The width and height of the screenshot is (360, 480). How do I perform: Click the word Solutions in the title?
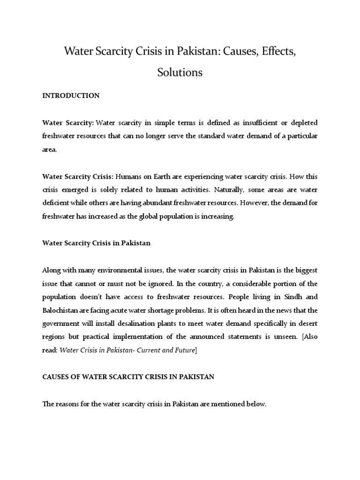coord(180,73)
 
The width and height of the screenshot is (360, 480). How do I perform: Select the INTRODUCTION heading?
coord(71,96)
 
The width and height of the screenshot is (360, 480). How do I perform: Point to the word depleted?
coord(301,123)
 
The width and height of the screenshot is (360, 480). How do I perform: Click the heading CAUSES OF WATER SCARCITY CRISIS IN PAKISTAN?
coord(128,377)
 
